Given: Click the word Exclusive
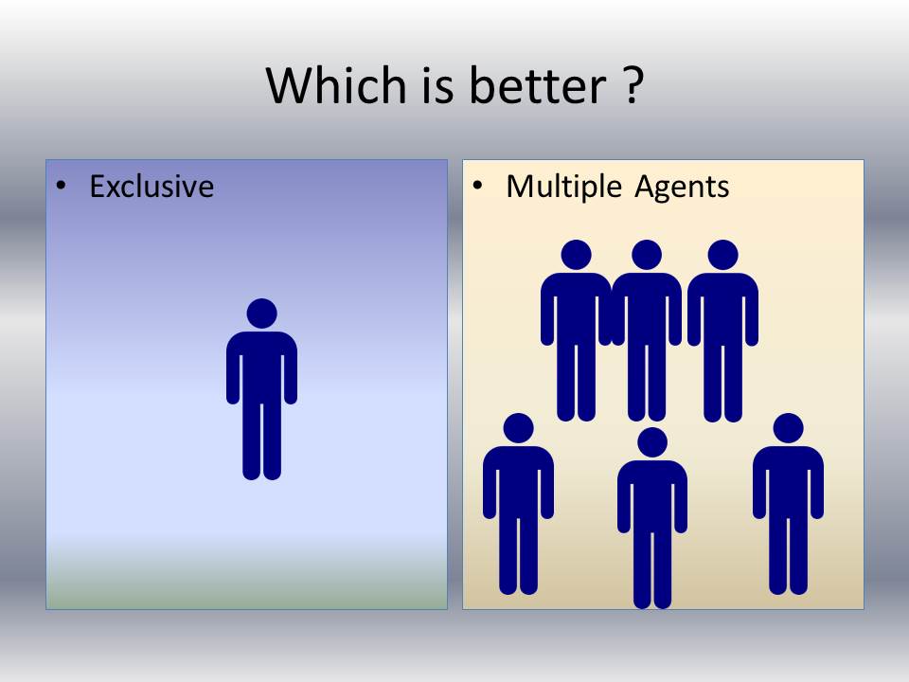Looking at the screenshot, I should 151,187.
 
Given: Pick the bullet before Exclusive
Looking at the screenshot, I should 62,187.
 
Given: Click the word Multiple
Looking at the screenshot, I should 563,187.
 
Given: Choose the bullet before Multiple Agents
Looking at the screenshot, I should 478,187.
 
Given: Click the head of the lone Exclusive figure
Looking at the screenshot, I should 261,314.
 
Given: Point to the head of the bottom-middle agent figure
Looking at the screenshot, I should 652,442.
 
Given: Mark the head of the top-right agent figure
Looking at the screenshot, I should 722,255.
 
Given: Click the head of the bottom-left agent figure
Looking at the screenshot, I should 518,428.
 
